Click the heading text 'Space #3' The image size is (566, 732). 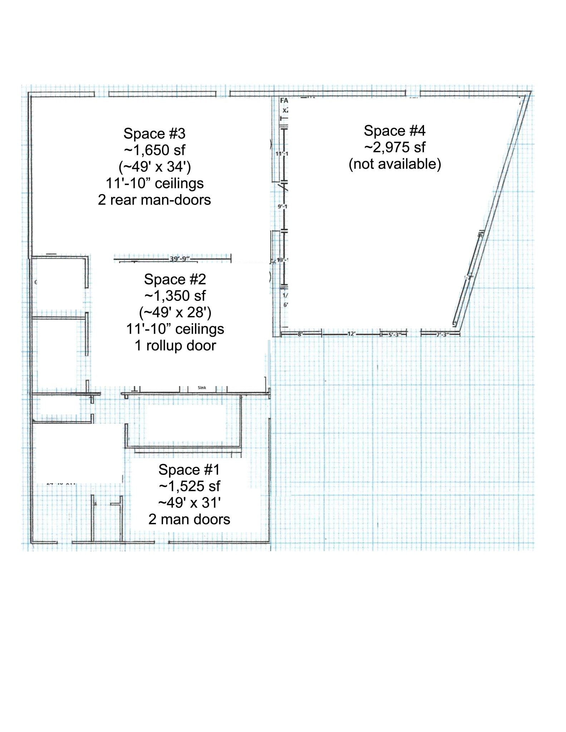point(154,133)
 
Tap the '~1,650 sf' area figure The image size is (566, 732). point(154,150)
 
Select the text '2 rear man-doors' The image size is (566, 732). point(154,200)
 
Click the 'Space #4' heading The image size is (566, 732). point(394,130)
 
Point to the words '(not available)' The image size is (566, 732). point(395,164)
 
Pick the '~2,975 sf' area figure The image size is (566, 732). point(395,147)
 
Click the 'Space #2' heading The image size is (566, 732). point(175,279)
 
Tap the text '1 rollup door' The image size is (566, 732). point(175,346)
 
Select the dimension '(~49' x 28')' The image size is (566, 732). point(175,312)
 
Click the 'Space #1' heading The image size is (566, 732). point(189,470)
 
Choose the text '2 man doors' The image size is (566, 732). point(189,519)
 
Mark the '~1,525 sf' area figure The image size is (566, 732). point(189,486)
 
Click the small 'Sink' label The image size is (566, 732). point(202,387)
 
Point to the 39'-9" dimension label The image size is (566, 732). point(179,258)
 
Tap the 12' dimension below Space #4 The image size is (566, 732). point(351,334)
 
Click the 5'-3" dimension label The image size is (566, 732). point(393,334)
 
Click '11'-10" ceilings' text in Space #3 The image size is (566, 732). point(154,183)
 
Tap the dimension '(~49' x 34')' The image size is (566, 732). point(154,167)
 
